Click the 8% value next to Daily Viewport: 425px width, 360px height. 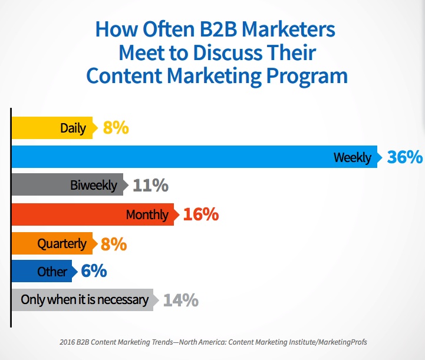click(116, 128)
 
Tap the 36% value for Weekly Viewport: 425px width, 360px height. click(405, 157)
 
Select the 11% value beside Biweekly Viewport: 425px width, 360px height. click(151, 185)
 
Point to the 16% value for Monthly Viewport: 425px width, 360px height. click(201, 214)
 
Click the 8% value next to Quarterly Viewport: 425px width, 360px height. click(114, 244)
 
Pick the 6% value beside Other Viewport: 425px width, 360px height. click(94, 271)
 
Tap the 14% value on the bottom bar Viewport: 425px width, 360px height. click(181, 300)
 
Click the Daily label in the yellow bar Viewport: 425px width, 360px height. click(73, 128)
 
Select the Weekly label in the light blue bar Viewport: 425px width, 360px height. click(352, 158)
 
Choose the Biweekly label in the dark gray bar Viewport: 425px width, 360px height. click(94, 186)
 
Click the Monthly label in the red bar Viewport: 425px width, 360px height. click(147, 215)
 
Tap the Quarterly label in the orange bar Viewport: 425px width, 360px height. click(62, 244)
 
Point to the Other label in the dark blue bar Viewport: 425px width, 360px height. click(52, 272)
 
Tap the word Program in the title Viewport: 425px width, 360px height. click(307, 77)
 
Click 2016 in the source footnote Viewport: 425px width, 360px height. click(67, 342)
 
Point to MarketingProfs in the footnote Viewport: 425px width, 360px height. click(342, 342)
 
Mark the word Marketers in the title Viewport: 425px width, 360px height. click(288, 29)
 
